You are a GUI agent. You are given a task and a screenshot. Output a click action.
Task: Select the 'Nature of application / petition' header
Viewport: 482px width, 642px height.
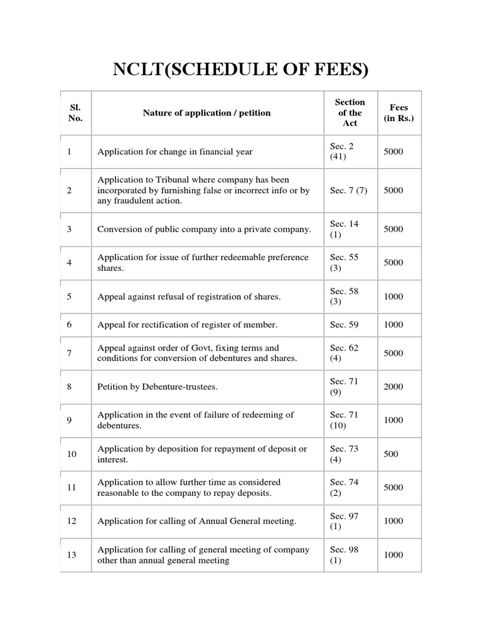pyautogui.click(x=206, y=113)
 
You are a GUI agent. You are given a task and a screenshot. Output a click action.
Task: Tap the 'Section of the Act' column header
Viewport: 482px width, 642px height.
pyautogui.click(x=350, y=113)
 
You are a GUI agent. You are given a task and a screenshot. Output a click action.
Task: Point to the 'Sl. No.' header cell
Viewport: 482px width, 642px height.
pyautogui.click(x=75, y=113)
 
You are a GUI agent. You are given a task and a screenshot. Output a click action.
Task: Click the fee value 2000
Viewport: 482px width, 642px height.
pyautogui.click(x=393, y=387)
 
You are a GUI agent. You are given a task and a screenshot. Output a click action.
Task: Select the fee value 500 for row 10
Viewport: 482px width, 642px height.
pyautogui.click(x=390, y=454)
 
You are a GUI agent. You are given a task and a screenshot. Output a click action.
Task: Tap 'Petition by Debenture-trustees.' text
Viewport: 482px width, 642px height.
pyautogui.click(x=158, y=387)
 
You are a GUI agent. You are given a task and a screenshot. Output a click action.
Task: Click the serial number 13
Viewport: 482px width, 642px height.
pyautogui.click(x=71, y=555)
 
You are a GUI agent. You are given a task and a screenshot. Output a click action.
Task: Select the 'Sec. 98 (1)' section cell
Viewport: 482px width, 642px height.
pyautogui.click(x=345, y=555)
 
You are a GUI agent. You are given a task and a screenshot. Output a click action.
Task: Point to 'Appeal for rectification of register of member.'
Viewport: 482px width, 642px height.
pyautogui.click(x=187, y=325)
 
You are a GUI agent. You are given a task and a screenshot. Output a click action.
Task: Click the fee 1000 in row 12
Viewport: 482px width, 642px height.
pyautogui.click(x=393, y=521)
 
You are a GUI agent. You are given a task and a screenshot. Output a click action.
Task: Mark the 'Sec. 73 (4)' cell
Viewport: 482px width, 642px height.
pyautogui.click(x=345, y=454)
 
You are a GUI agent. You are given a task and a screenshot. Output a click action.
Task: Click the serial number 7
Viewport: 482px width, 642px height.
pyautogui.click(x=69, y=353)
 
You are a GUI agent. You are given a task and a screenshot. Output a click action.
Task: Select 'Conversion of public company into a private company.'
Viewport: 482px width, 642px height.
pyautogui.click(x=204, y=229)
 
